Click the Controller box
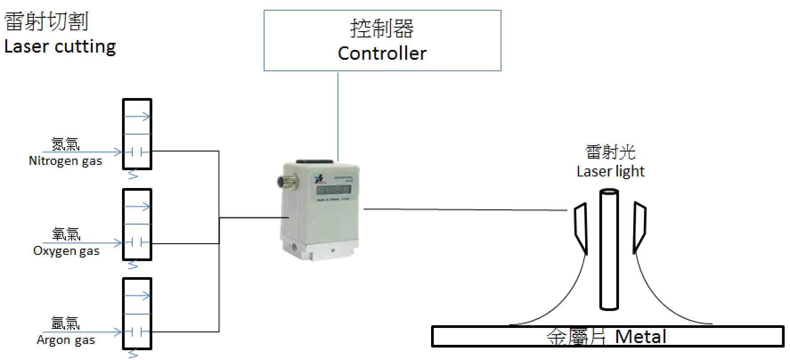tap(382, 41)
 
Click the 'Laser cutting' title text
tap(60, 46)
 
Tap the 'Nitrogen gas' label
tap(65, 161)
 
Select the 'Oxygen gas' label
tap(66, 251)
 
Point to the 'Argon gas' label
tap(66, 340)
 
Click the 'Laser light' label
tap(611, 171)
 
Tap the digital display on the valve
tap(333, 190)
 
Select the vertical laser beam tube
tap(609, 250)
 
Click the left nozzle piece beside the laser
tap(580, 227)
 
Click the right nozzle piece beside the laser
tap(639, 227)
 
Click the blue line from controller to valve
tap(338, 116)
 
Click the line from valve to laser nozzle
tap(463, 209)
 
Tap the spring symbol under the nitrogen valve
tap(133, 175)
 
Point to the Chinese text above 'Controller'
tap(382, 29)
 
